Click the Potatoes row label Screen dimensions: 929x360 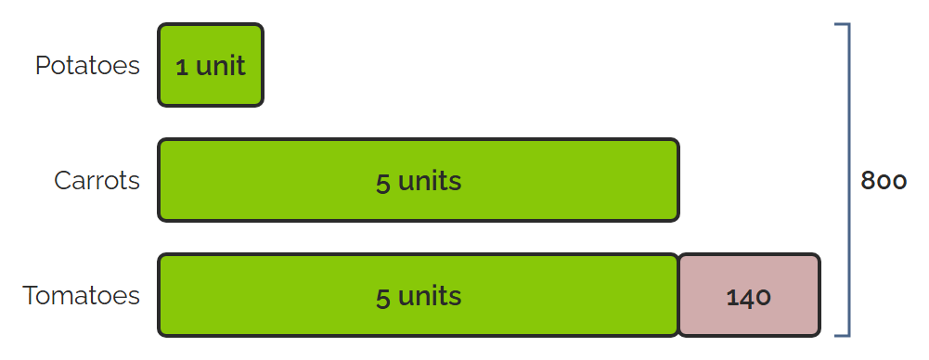pos(87,65)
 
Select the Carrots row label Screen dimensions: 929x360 pos(97,180)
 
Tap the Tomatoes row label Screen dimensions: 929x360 pos(81,295)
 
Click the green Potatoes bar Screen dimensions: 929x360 pos(211,65)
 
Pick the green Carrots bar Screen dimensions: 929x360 pos(419,180)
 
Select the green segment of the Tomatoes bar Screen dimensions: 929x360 pos(419,295)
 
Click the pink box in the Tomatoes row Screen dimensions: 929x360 pos(749,295)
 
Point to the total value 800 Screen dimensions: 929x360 pos(884,181)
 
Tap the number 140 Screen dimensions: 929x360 pos(749,297)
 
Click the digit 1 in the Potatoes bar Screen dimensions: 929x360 pos(182,67)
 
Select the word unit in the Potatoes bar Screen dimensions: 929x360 pos(220,65)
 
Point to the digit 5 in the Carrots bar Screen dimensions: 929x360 pos(382,183)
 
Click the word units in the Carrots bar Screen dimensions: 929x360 pos(430,181)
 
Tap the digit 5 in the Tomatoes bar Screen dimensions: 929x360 pos(382,298)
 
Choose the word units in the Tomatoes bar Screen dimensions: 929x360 pos(430,295)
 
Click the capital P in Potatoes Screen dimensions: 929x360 pos(43,65)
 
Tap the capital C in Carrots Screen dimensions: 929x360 pos(64,180)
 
